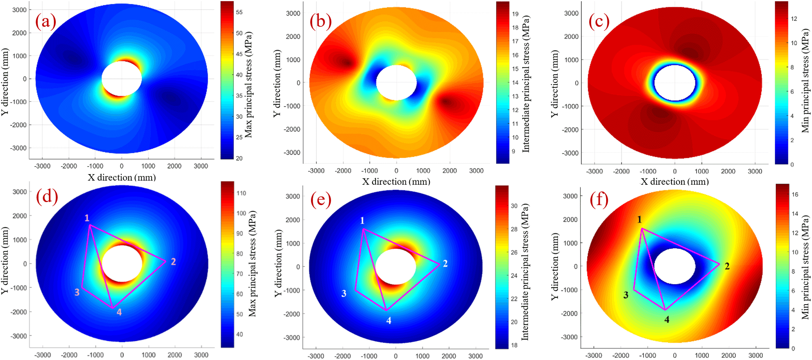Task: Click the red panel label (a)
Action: point(46,21)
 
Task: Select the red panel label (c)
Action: point(598,21)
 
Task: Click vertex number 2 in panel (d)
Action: point(173,261)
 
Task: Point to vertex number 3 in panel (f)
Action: point(626,295)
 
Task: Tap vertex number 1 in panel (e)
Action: point(362,221)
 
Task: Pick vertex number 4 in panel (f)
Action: point(667,320)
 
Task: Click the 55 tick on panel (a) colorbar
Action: point(239,12)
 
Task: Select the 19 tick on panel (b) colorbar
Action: point(515,14)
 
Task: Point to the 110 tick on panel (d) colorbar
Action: point(241,193)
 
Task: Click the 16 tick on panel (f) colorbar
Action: point(795,194)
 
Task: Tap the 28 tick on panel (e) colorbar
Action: point(514,229)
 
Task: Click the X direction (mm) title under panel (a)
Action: point(121,178)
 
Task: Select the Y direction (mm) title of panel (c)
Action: point(554,84)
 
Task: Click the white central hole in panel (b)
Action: point(396,83)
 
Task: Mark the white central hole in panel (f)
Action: point(675,266)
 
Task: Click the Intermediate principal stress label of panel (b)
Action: point(526,84)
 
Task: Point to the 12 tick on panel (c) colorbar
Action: point(794,18)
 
